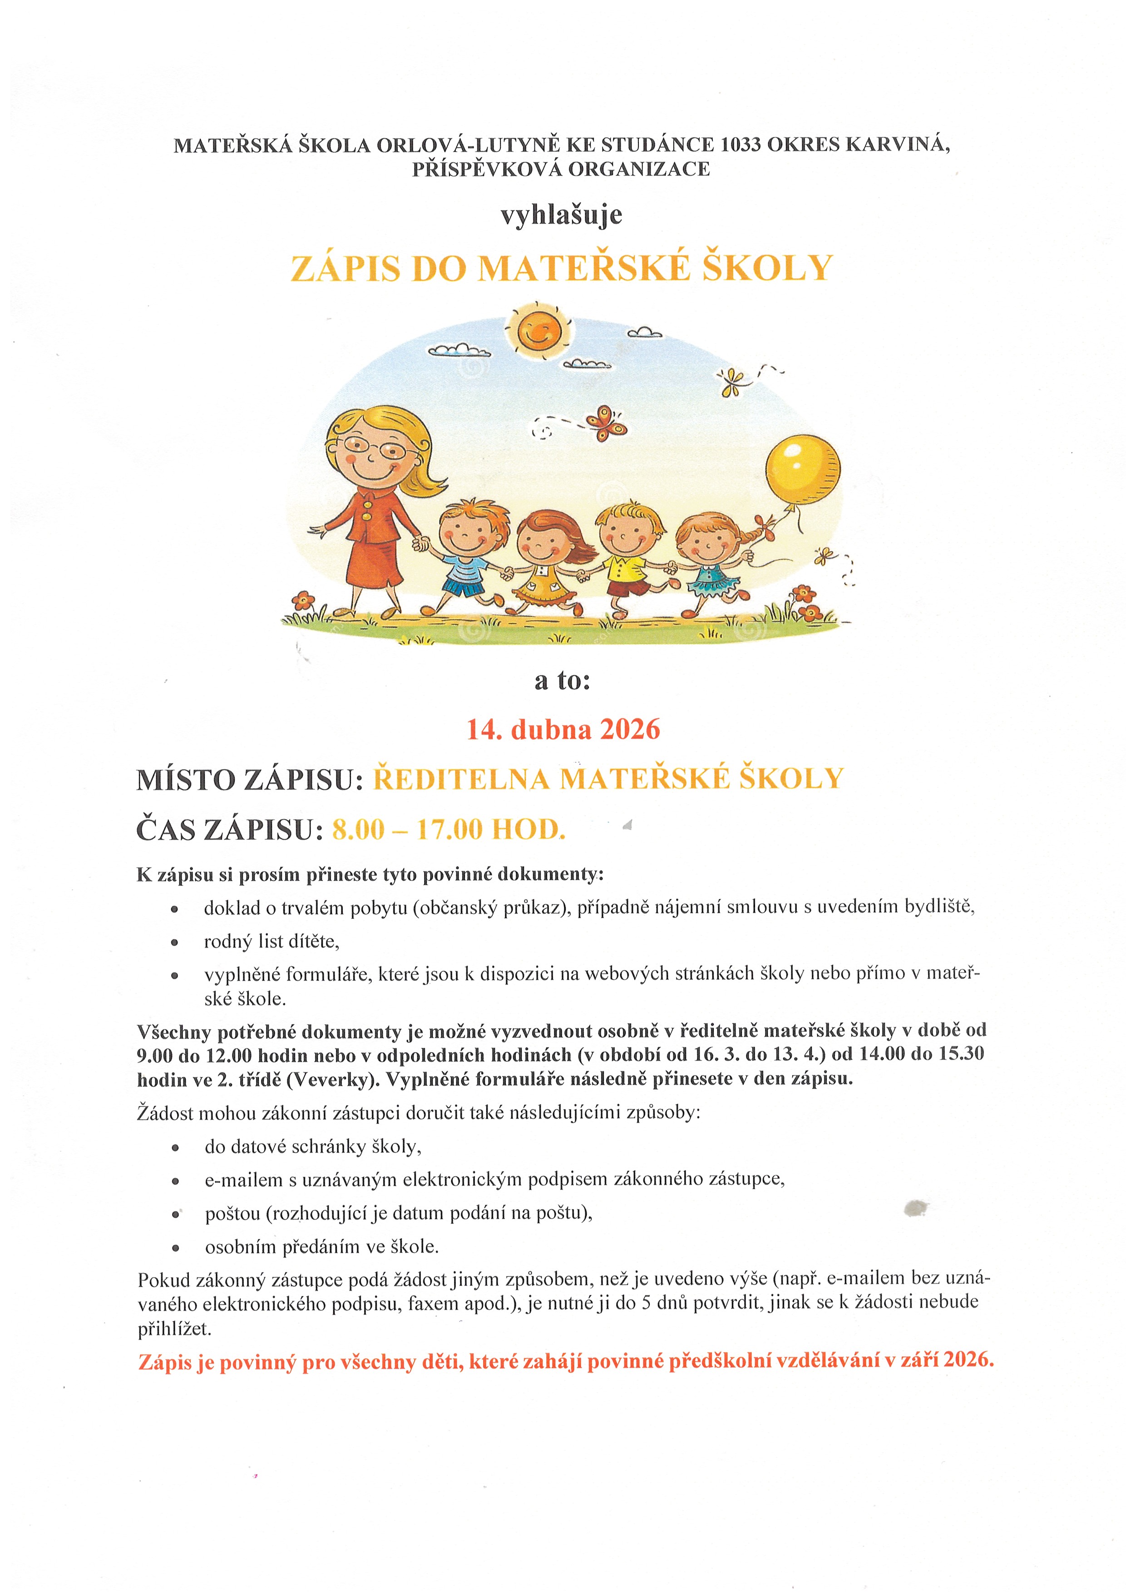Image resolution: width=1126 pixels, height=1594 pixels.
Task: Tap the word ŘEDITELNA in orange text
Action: click(x=461, y=779)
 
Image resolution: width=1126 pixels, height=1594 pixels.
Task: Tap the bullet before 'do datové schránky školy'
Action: click(x=176, y=1148)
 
